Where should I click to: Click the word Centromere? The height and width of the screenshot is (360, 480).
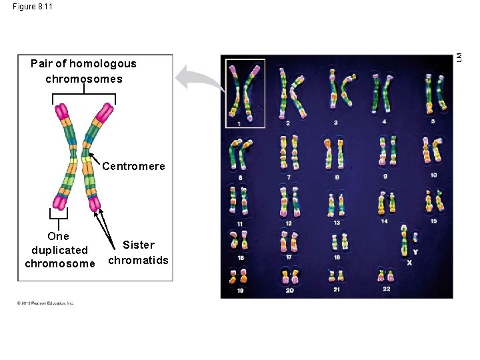click(133, 166)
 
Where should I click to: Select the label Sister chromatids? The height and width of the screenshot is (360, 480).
click(138, 253)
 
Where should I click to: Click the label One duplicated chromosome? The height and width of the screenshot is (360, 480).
click(59, 250)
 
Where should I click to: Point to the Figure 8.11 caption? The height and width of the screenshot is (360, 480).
click(33, 6)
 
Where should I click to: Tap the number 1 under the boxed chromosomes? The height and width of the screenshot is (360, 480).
click(238, 123)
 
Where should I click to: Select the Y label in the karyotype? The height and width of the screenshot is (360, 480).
click(415, 252)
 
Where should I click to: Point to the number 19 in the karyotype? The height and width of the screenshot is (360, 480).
click(239, 291)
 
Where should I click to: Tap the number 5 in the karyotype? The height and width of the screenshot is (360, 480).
click(433, 122)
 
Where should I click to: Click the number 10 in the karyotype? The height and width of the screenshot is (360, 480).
click(433, 175)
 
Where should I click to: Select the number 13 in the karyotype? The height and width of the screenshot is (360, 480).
click(337, 223)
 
